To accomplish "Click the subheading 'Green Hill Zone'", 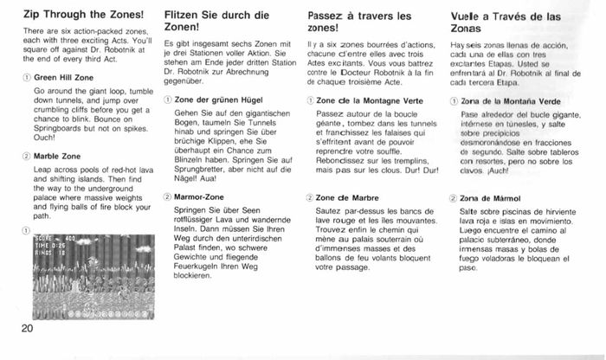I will coord(62,77).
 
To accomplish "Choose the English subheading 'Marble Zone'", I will coord(57,157).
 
